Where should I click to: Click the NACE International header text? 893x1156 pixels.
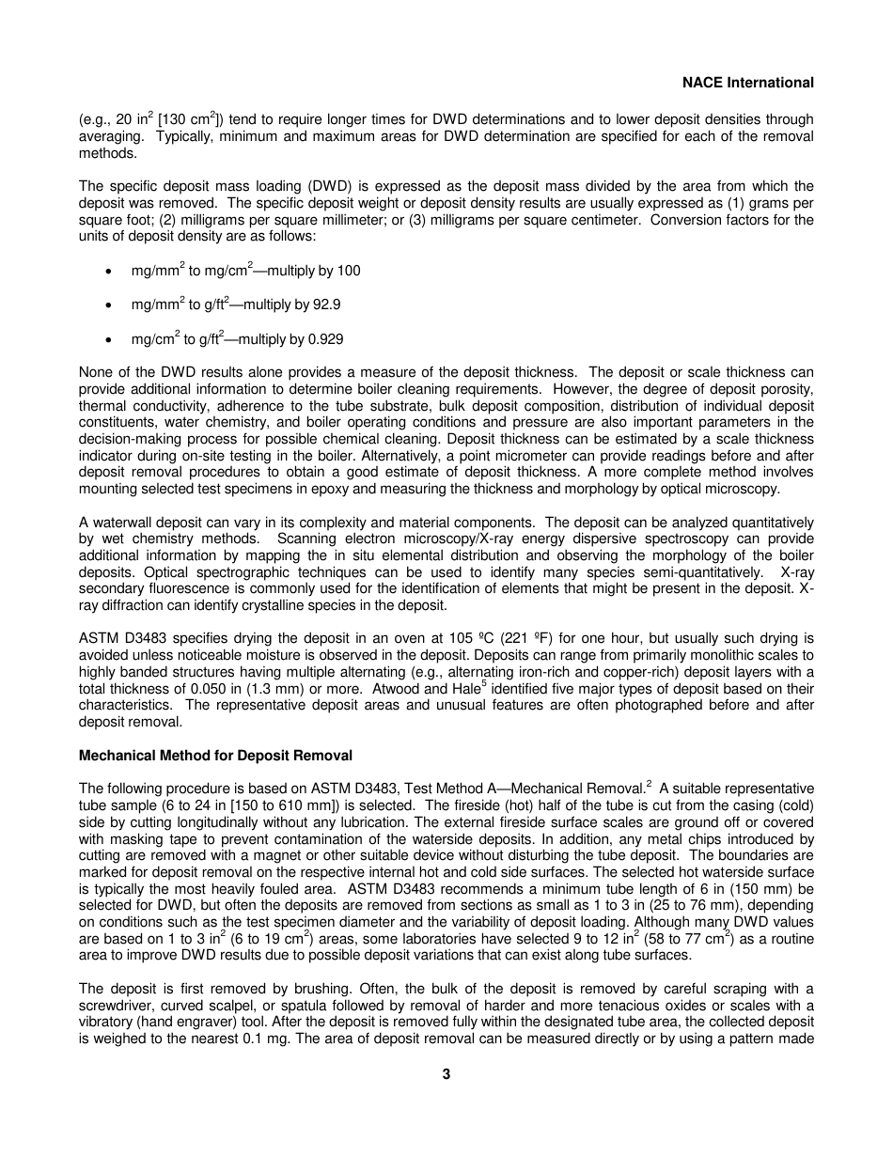pyautogui.click(x=747, y=83)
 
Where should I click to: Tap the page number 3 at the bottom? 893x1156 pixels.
pyautogui.click(x=446, y=1074)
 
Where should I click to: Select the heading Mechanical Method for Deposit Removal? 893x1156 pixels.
pyautogui.click(x=215, y=755)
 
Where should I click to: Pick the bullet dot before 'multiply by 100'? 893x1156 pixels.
pyautogui.click(x=110, y=272)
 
